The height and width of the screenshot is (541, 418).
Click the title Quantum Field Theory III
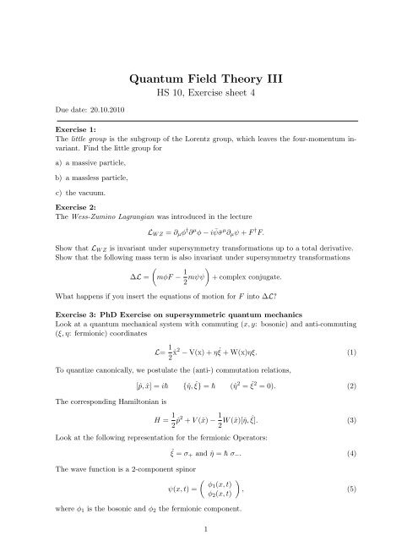pyautogui.click(x=209, y=80)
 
